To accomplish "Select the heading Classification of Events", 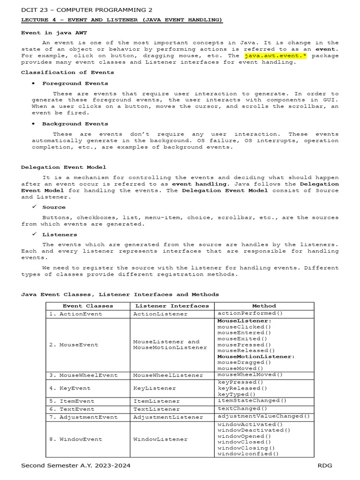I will coord(67,72).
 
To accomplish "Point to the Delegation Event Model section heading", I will coord(64,167).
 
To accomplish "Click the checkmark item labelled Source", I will coord(54,207).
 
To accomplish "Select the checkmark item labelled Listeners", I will coord(60,234).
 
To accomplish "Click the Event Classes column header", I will coord(88,306).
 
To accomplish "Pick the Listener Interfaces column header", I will coord(172,306).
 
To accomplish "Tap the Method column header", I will coord(264,306).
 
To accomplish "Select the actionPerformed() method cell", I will coord(250,313).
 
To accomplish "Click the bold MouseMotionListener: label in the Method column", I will coord(256,357).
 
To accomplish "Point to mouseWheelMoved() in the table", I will coord(250,375).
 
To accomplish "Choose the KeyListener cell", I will coord(155,388).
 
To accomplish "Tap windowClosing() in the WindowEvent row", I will coord(246,448).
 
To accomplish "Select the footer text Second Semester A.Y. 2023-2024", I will coord(76,465).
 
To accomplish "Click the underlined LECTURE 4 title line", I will coord(122,20).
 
